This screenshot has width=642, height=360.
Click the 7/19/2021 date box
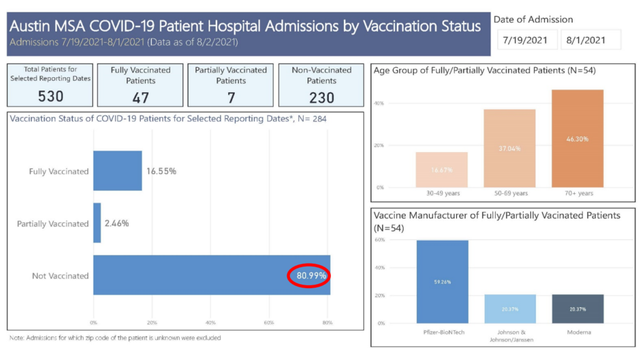coord(525,40)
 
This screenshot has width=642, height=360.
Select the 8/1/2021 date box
coord(591,40)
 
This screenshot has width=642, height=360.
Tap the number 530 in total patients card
coord(50,96)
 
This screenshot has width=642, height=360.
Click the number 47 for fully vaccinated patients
coord(141,97)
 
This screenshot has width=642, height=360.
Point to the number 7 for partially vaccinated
coord(231,97)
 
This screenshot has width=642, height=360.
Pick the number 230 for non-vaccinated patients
coord(322,97)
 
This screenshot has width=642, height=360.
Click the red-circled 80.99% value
coord(311,276)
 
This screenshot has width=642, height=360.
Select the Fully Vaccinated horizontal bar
coord(117,171)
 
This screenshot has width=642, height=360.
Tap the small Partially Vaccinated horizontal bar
coord(97,223)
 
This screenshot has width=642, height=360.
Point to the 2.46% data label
coord(116,223)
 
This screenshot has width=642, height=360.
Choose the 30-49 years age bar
coord(442,169)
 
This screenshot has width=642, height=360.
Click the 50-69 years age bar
coord(510,148)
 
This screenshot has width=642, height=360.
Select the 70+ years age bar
coord(578,139)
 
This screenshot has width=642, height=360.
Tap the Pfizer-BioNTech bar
coord(442,282)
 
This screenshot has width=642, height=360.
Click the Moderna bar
coord(578,309)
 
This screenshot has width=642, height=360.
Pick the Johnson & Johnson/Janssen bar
coord(510,309)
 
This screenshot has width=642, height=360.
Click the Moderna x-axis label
coord(578,333)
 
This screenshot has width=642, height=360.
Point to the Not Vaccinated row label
coord(60,276)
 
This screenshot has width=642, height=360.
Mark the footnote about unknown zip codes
coord(115,338)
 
